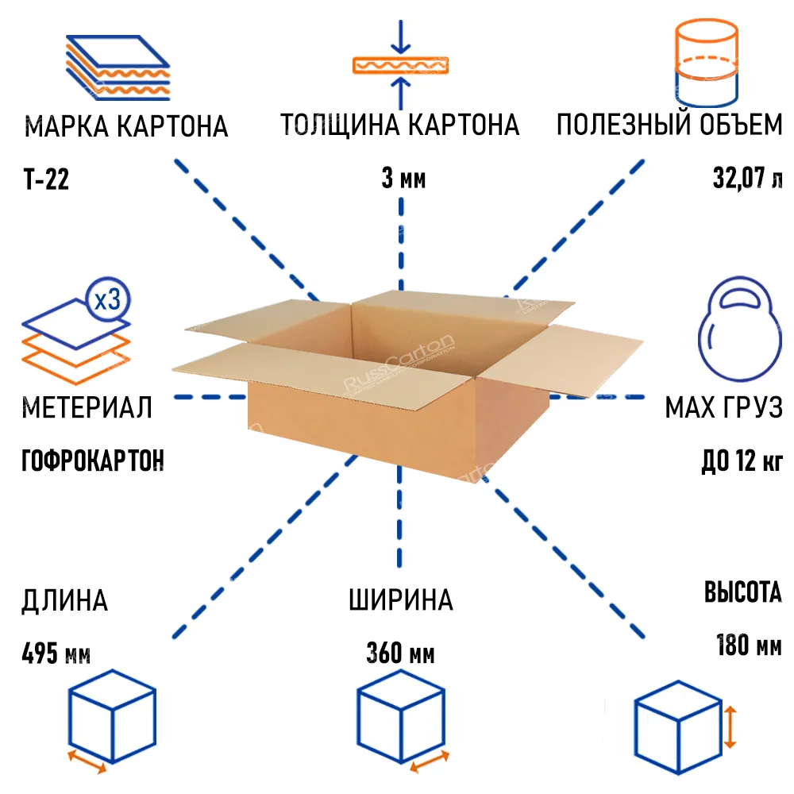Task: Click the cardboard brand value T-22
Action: click(46, 180)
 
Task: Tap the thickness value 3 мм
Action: click(403, 179)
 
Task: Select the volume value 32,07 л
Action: click(746, 178)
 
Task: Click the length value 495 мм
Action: click(56, 655)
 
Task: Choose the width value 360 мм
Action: click(400, 655)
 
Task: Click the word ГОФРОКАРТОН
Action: click(93, 461)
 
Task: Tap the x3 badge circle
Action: click(107, 299)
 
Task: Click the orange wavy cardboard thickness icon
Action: click(400, 65)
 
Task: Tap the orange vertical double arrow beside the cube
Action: click(731, 726)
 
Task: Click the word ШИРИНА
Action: click(401, 600)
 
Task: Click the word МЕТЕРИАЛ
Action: click(87, 408)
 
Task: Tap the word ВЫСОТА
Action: click(742, 593)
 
